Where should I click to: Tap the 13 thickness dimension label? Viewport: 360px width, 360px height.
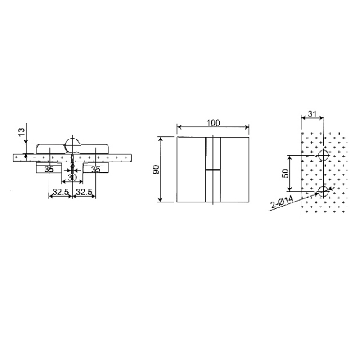(x=20, y=132)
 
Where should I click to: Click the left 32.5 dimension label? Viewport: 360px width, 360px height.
(x=60, y=192)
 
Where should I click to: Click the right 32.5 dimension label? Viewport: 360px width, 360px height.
(x=85, y=192)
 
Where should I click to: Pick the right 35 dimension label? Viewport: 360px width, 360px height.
(x=95, y=170)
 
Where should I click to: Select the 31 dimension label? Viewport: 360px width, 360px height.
(x=311, y=115)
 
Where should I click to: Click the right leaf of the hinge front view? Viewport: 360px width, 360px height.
(x=235, y=170)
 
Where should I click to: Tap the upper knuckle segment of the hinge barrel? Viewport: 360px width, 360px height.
(x=213, y=153)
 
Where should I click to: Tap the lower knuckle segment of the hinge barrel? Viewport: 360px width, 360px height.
(x=213, y=185)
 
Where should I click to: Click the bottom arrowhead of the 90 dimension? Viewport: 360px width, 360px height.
(x=160, y=201)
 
